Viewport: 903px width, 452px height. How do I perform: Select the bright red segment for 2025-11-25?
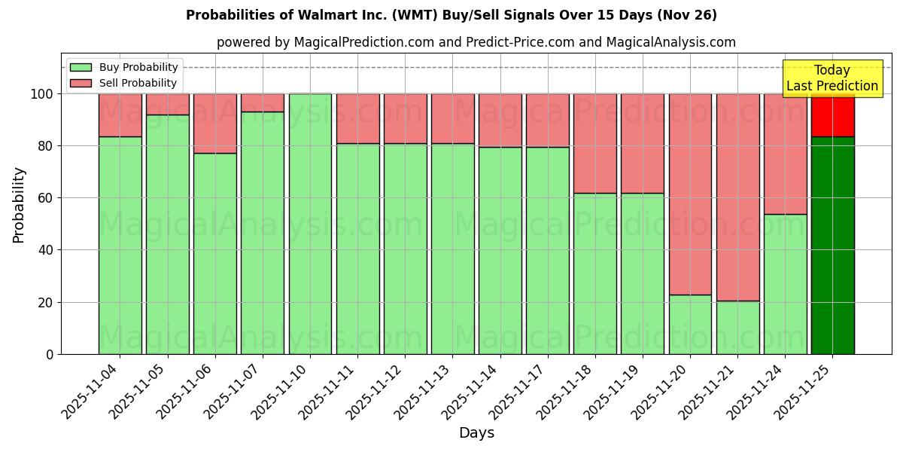[832, 115]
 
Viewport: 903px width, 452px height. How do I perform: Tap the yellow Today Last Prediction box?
[832, 78]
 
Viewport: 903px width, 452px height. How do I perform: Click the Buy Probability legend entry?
[124, 67]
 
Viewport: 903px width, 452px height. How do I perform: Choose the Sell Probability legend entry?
[124, 83]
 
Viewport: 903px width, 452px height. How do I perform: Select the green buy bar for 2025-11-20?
[690, 324]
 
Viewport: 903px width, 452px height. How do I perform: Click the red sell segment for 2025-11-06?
[215, 124]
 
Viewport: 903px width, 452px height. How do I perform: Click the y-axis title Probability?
[19, 205]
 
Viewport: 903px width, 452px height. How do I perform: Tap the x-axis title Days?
[476, 433]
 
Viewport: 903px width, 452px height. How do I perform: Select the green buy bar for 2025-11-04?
[120, 245]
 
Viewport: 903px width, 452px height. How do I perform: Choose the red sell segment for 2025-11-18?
[594, 143]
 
